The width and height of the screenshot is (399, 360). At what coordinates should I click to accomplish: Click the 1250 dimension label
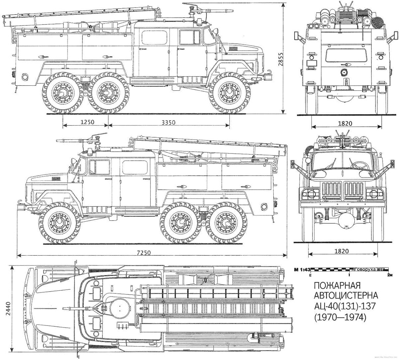click(87, 122)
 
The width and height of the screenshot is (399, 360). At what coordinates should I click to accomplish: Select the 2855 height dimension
click(281, 60)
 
